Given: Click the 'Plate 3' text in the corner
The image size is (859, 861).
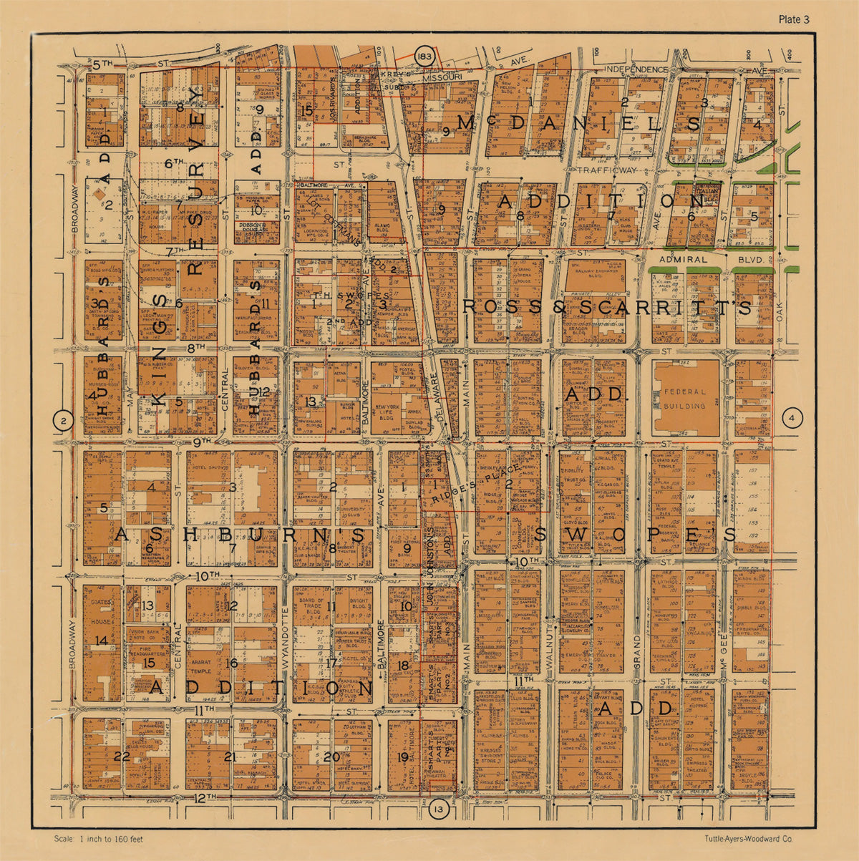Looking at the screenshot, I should point(794,19).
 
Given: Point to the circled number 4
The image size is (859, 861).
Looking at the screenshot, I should point(792,418).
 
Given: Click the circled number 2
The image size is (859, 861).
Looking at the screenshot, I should point(64,421).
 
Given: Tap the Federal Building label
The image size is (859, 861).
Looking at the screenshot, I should point(684,399).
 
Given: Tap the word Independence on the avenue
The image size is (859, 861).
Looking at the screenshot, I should point(636,69).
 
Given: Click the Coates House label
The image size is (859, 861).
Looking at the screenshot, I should point(102,608).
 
